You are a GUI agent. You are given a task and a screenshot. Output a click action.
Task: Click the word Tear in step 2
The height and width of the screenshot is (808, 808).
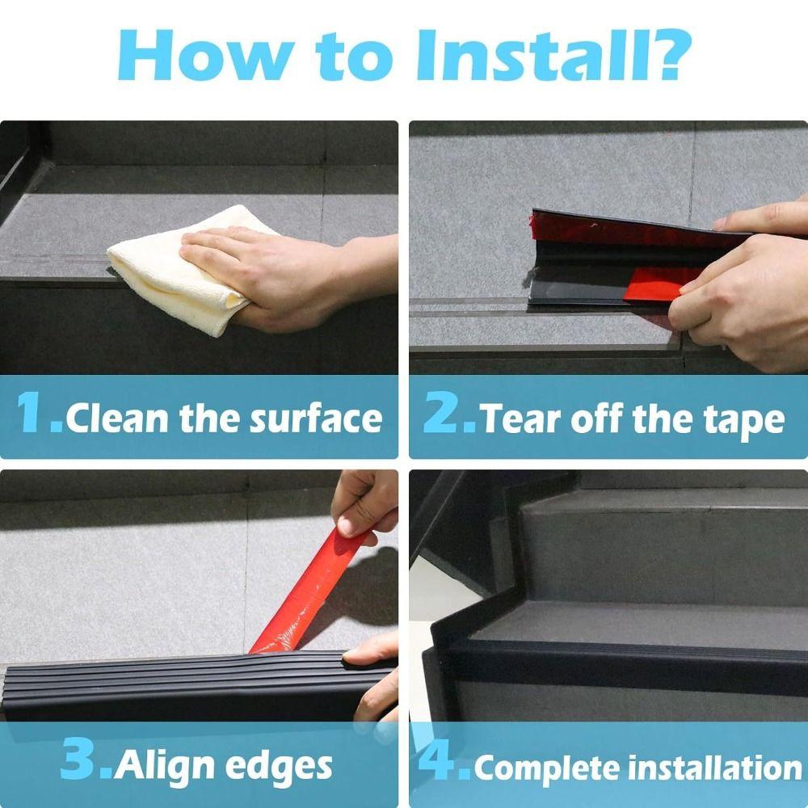click(517, 419)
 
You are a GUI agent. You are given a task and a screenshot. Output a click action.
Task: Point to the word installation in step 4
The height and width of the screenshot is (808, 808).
click(712, 766)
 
